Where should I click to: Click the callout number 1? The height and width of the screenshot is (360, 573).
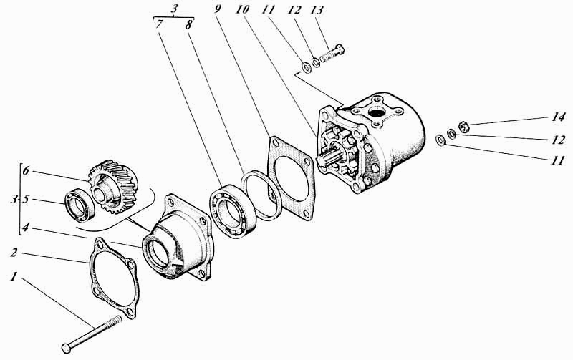tap(14, 277)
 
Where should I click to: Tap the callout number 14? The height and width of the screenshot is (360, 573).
tap(558, 117)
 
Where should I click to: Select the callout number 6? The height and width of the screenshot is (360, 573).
tap(26, 171)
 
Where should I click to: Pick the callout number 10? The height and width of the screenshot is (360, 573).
tap(242, 9)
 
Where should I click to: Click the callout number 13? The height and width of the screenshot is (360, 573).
tap(317, 10)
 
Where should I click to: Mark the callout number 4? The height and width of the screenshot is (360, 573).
tap(25, 228)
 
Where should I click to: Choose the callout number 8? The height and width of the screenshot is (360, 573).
tap(188, 25)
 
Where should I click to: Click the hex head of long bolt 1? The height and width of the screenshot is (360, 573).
tap(67, 349)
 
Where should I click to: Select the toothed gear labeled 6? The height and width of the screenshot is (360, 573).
tap(113, 186)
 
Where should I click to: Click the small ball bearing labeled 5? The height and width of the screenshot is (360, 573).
tap(80, 205)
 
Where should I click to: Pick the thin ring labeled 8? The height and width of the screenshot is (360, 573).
tap(261, 195)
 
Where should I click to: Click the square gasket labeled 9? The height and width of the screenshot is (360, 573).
tap(291, 178)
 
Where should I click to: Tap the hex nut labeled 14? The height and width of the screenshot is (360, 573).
tap(463, 126)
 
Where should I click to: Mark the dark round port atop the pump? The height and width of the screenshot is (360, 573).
tap(376, 112)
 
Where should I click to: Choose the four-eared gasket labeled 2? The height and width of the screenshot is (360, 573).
tap(115, 278)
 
